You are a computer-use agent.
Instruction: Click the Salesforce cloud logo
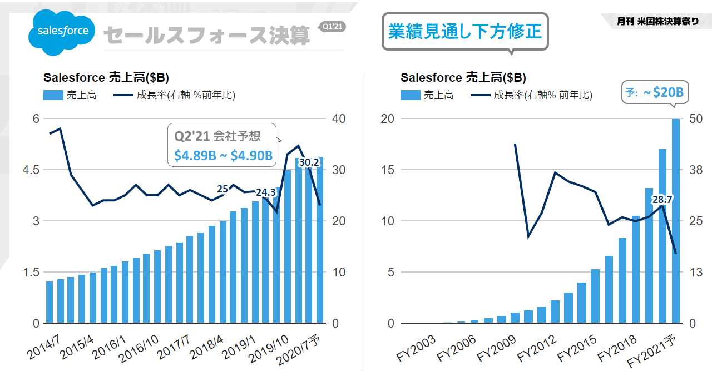pos(62,32)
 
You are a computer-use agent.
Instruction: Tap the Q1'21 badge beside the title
pos(333,26)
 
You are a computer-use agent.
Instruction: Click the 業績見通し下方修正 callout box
pos(465,32)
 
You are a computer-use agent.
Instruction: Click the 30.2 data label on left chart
pos(309,162)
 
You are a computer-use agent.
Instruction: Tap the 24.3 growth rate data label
pos(266,192)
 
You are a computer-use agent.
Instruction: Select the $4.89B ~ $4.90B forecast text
pos(223,156)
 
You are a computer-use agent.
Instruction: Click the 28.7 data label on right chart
pos(662,199)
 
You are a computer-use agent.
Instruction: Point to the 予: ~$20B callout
pos(654,92)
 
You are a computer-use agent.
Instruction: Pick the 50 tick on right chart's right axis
pos(696,118)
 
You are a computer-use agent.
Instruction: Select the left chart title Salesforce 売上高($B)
pos(106,77)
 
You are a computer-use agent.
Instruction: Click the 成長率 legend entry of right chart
pos(532,95)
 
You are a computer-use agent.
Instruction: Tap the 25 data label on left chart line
pos(222,189)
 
